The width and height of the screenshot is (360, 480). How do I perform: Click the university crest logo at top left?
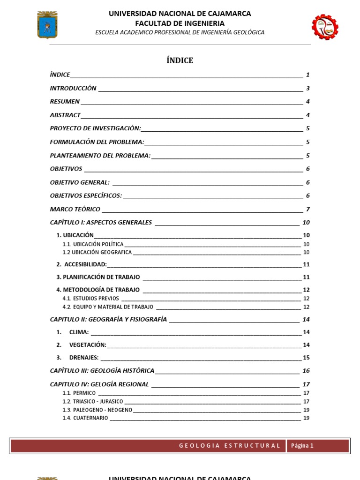coord(47,25)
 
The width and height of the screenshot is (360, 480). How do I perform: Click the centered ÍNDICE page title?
coord(180,60)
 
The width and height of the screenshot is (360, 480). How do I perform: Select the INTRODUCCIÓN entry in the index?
coord(73,88)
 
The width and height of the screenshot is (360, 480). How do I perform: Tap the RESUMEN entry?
coord(65,102)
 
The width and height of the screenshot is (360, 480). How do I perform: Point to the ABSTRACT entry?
coord(65,115)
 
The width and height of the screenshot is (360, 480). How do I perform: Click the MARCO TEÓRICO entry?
coord(75,209)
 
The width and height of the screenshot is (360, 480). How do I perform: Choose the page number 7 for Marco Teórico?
coord(307,209)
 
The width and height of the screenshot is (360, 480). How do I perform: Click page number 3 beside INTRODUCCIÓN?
coord(307,88)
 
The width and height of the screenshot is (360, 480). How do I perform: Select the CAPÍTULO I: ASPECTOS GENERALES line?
coord(101,222)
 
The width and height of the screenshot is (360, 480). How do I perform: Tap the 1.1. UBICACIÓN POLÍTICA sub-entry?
coord(93,244)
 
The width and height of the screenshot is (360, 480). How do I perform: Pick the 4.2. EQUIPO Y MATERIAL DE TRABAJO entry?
coord(108,307)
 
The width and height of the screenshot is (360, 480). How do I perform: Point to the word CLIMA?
coord(79,332)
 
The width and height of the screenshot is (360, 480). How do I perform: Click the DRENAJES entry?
coord(83,358)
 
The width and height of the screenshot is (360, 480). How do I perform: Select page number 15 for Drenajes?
coord(306,358)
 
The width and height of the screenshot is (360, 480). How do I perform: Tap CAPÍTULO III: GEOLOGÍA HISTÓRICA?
coord(102,371)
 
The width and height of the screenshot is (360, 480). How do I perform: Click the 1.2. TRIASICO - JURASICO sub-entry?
coord(93,402)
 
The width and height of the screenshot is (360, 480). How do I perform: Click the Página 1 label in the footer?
coord(302,446)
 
